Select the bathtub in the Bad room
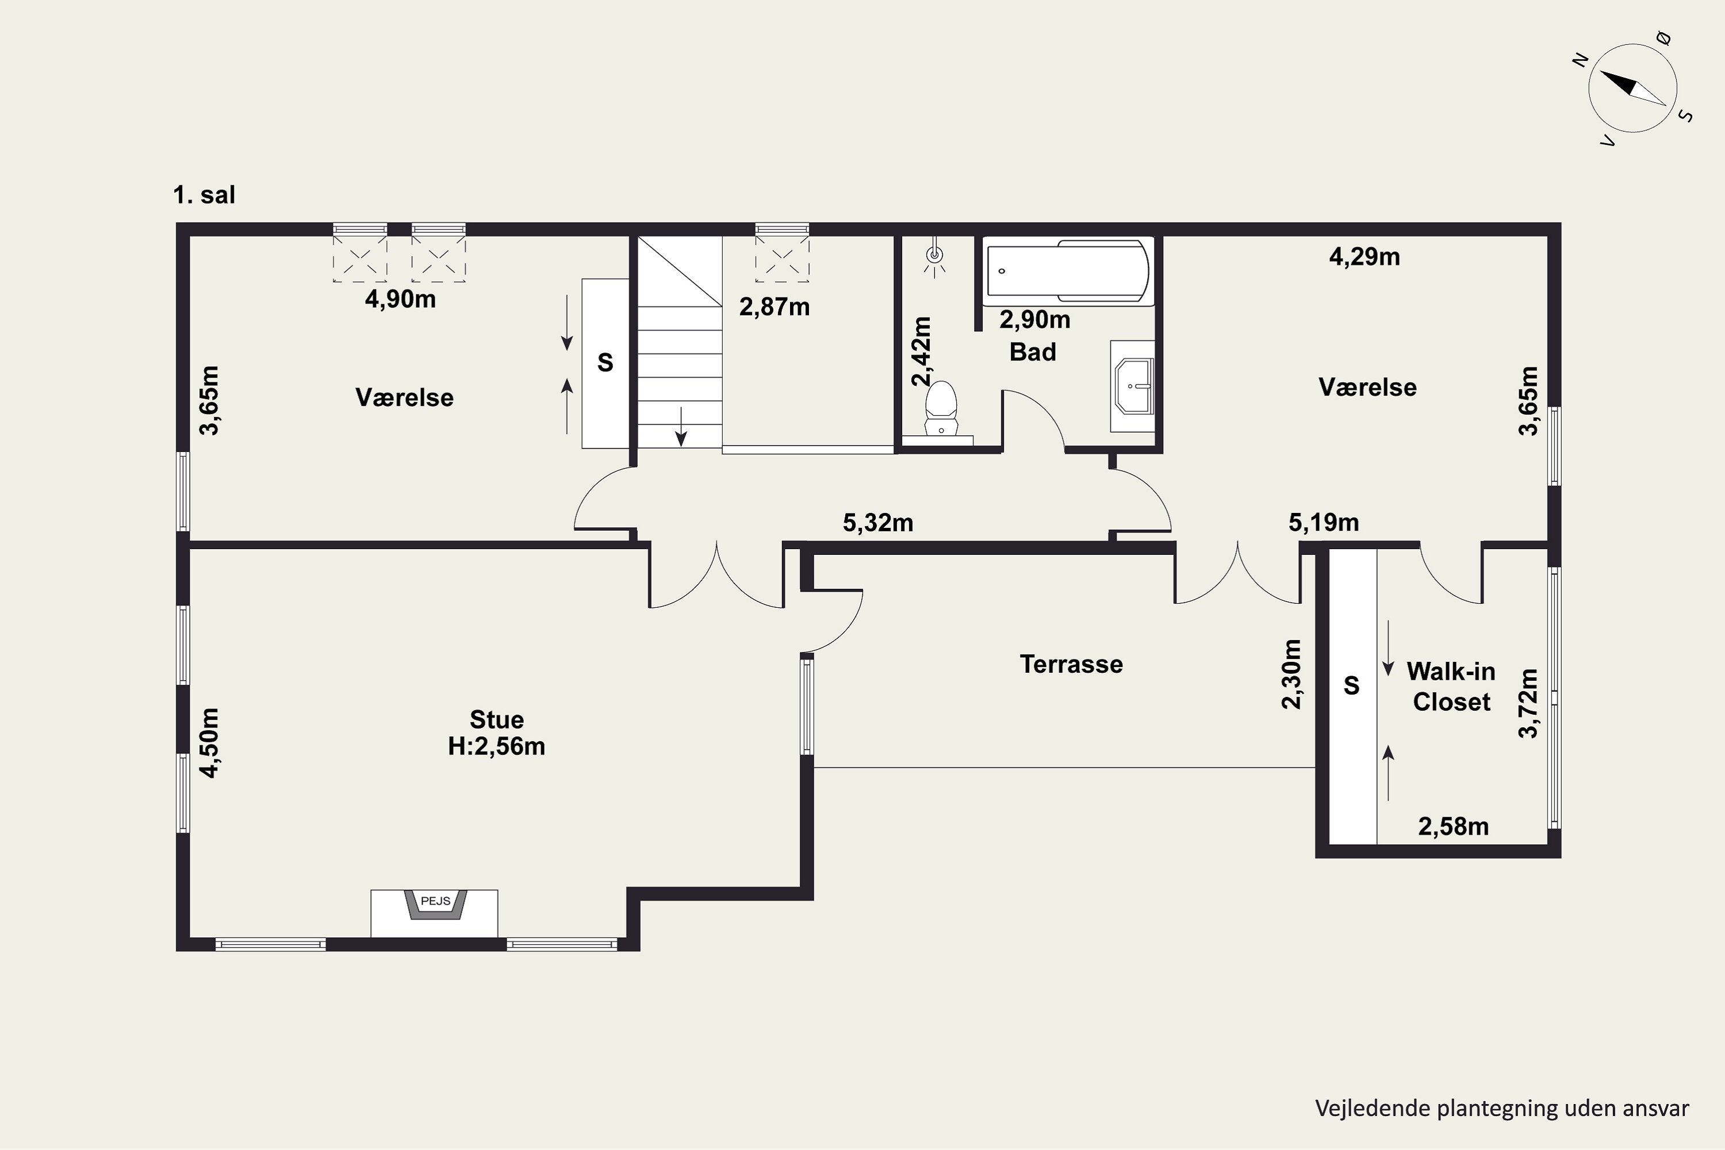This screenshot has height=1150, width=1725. [x=1068, y=271]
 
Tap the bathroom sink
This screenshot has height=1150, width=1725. [x=1133, y=386]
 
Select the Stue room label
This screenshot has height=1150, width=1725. [x=497, y=719]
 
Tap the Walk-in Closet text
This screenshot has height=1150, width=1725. [x=1451, y=687]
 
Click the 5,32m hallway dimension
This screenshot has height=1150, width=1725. [x=878, y=523]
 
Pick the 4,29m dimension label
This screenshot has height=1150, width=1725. [x=1364, y=256]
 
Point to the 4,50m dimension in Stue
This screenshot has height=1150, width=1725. [x=209, y=742]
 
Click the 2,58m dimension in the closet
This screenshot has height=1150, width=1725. [x=1453, y=827]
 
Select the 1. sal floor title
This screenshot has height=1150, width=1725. [x=204, y=195]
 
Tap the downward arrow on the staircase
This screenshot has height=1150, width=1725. [x=681, y=426]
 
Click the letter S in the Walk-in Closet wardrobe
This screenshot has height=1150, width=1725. [x=1351, y=686]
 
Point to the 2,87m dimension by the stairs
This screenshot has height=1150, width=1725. [x=775, y=306]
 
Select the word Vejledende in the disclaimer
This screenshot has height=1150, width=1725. [x=1372, y=1108]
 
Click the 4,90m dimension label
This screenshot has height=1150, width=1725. [x=400, y=299]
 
